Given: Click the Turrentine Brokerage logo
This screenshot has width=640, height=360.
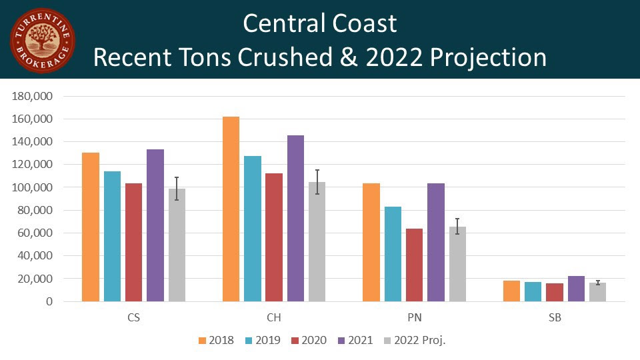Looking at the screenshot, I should [42, 41].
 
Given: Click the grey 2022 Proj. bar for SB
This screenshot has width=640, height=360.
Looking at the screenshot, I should [597, 292].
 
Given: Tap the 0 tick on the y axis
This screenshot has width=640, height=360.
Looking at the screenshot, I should [49, 301].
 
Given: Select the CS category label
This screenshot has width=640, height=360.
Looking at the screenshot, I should [134, 318].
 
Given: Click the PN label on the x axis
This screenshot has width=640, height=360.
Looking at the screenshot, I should [414, 318].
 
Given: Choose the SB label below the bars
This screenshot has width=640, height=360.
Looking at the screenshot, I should [554, 318].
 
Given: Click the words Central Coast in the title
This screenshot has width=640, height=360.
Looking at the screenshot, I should [319, 24].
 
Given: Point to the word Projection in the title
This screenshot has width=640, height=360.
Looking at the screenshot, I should [488, 57].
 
